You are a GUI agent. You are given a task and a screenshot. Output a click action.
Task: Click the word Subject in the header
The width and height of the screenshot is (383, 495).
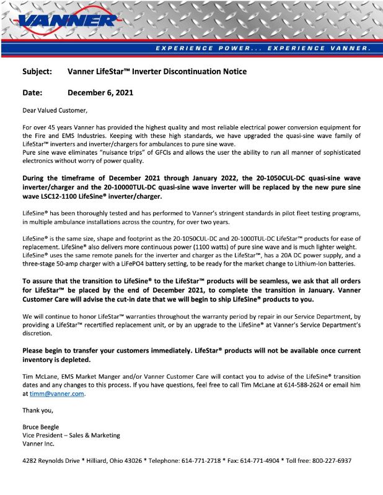pos(37,71)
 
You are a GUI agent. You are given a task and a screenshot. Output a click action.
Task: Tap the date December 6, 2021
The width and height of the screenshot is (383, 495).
pos(100,93)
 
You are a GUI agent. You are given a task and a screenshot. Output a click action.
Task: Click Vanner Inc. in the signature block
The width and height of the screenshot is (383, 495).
pos(38,444)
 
